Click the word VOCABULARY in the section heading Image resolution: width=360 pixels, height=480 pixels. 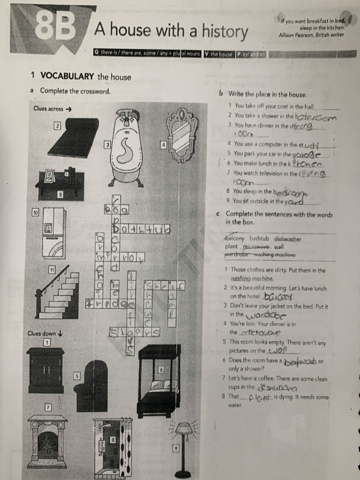coord(67,76)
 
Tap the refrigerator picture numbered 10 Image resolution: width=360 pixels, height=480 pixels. coord(53,233)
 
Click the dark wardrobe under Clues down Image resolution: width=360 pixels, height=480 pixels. coord(45,370)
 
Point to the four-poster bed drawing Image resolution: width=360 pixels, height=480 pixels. coord(159,379)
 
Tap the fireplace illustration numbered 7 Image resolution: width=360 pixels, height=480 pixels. coord(47,441)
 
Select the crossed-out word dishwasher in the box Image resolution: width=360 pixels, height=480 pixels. coord(287,239)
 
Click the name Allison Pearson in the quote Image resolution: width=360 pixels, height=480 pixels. coord(297,34)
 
